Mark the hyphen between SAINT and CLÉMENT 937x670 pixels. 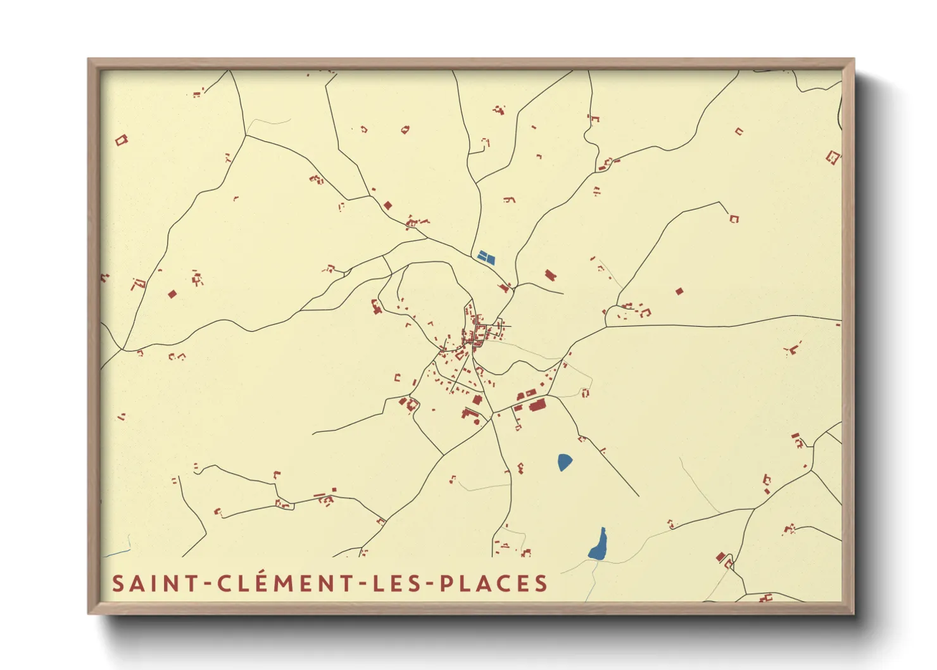click(x=209, y=585)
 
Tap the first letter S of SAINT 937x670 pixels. click(x=117, y=584)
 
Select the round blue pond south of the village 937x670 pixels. click(x=565, y=462)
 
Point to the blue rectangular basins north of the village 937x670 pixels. click(x=486, y=257)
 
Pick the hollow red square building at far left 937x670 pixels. click(x=121, y=140)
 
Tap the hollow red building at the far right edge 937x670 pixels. click(x=833, y=157)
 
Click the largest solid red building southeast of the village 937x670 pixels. click(x=538, y=405)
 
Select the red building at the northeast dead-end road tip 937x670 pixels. click(x=734, y=218)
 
